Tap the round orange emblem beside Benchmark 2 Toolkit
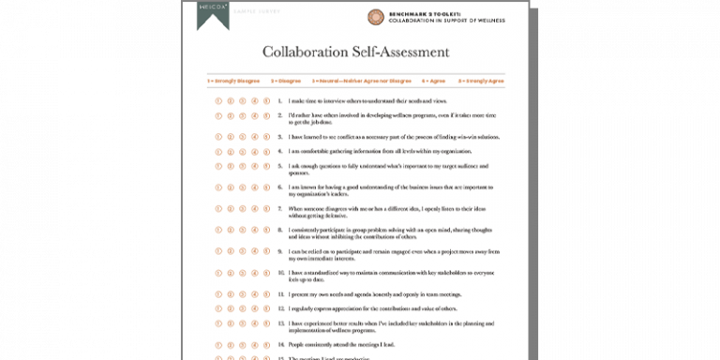[376, 17]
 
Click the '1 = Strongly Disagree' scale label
[233, 82]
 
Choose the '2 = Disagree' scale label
[285, 82]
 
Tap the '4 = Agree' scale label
[433, 82]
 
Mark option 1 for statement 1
[218, 99]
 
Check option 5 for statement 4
[266, 151]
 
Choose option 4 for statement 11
[254, 293]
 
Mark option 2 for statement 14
[231, 345]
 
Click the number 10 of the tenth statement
[280, 273]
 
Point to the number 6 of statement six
[280, 187]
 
